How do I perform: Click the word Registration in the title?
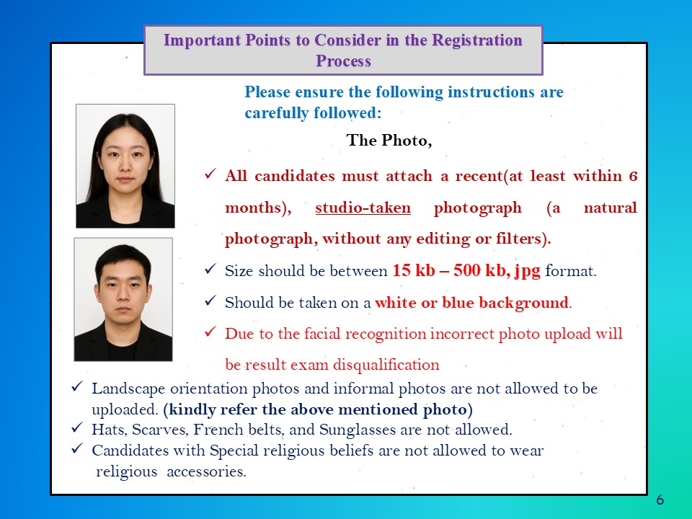pyautogui.click(x=477, y=40)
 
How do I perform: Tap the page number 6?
pyautogui.click(x=660, y=500)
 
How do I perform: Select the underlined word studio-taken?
pyautogui.click(x=363, y=208)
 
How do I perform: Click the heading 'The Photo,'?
pyautogui.click(x=389, y=141)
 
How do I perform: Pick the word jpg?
pyautogui.click(x=527, y=271)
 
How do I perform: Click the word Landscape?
pyautogui.click(x=128, y=389)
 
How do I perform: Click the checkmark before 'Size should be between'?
pyautogui.click(x=210, y=269)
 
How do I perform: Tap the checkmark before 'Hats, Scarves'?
pyautogui.click(x=77, y=427)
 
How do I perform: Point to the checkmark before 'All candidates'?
pyautogui.click(x=210, y=174)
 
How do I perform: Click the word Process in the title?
pyautogui.click(x=343, y=61)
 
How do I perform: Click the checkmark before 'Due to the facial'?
pyautogui.click(x=210, y=332)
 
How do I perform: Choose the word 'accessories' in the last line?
pyautogui.click(x=207, y=471)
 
